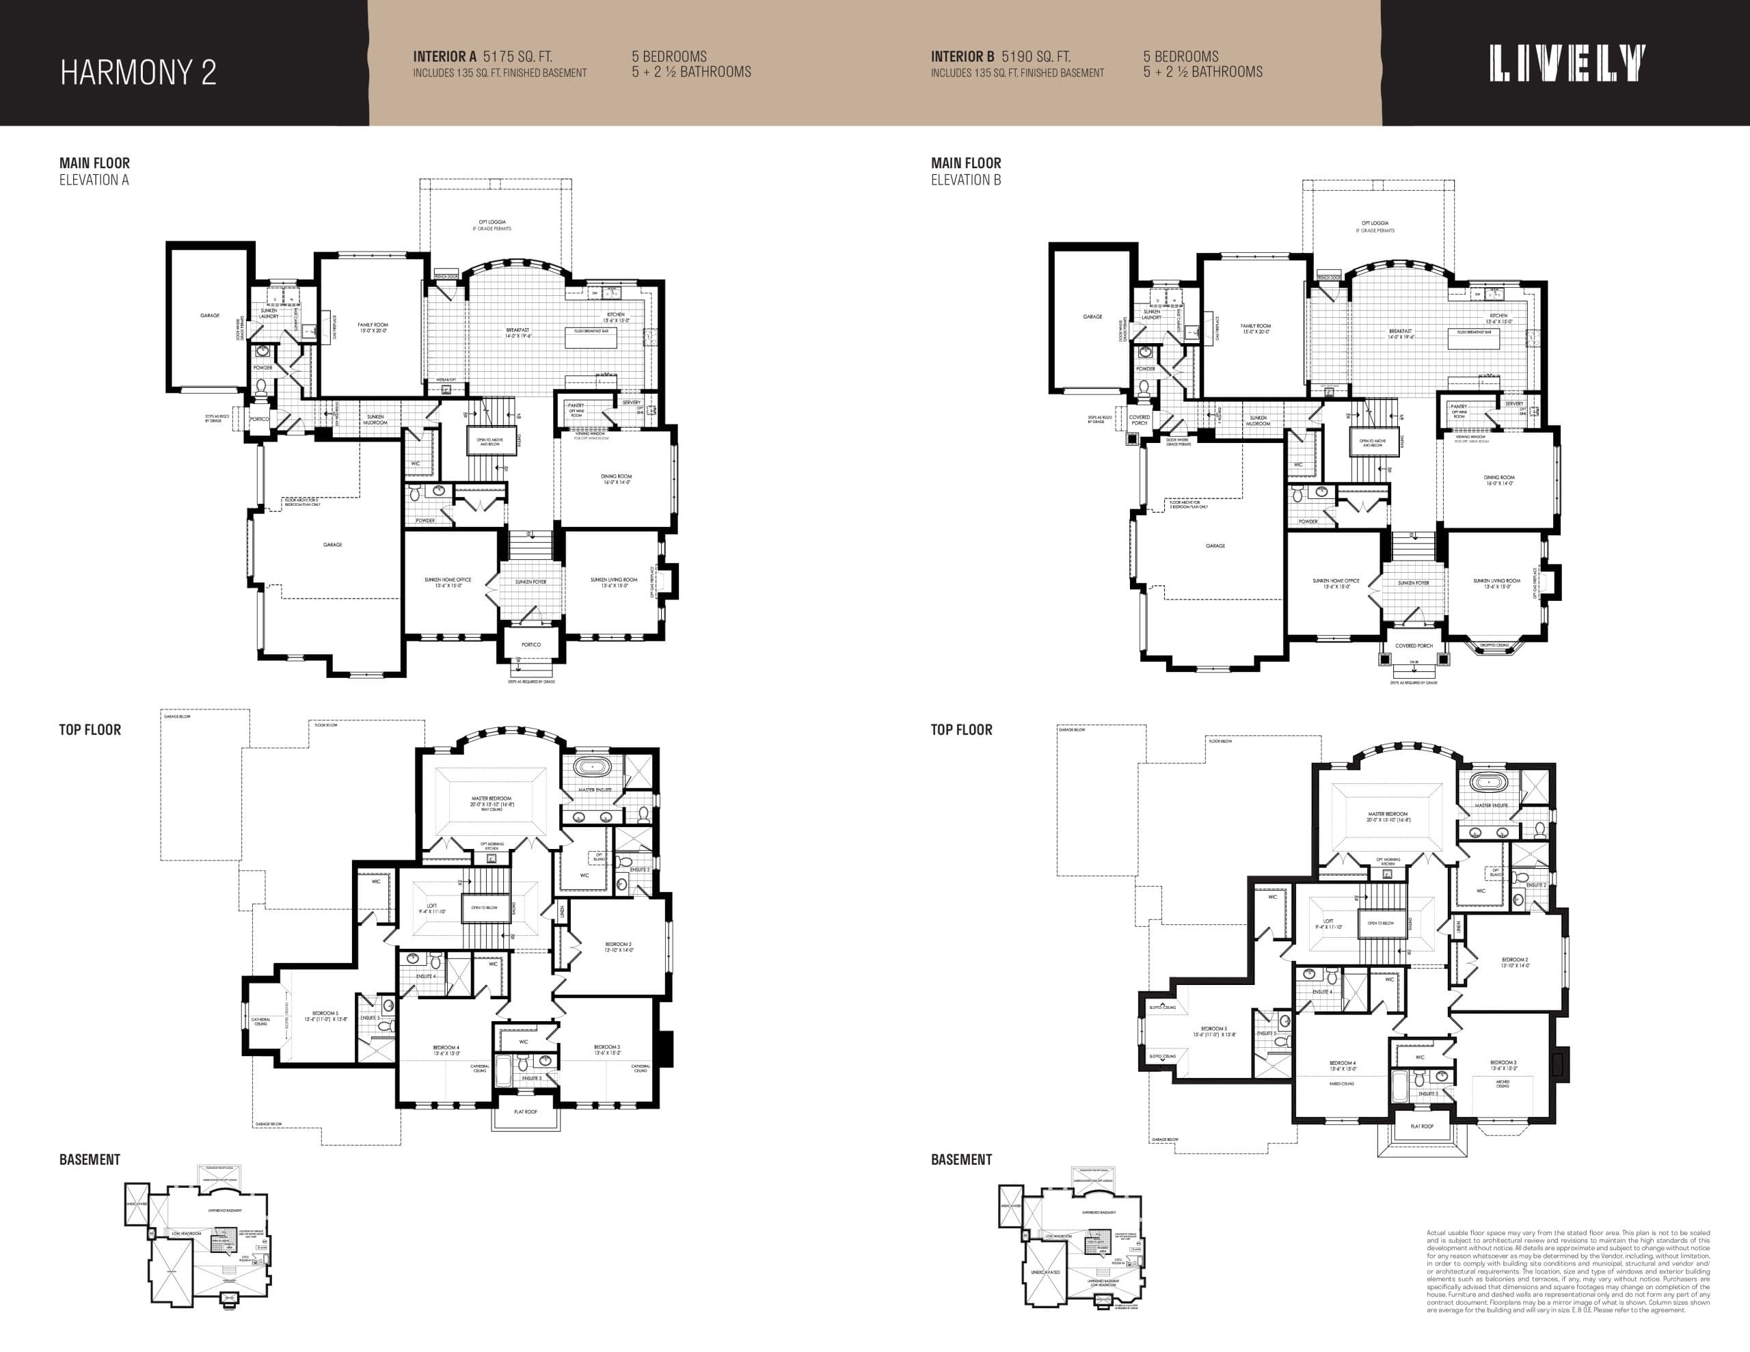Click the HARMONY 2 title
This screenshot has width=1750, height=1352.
point(138,72)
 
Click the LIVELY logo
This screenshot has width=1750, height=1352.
point(1567,64)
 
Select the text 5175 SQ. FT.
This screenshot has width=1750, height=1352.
point(517,57)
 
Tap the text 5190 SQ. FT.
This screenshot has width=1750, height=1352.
point(1035,57)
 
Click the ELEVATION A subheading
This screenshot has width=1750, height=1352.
point(94,180)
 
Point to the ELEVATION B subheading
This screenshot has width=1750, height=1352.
point(965,180)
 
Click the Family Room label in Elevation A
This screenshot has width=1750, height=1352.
point(373,327)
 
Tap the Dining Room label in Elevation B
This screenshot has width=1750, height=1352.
point(1498,480)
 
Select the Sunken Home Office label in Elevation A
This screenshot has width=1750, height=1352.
point(448,582)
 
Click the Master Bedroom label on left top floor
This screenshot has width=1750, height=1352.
point(492,801)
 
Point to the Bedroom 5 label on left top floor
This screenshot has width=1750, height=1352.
point(325,1016)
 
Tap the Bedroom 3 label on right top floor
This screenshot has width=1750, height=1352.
point(1503,1065)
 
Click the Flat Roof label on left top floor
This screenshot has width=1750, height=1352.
point(526,1111)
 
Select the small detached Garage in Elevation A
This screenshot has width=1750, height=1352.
point(209,316)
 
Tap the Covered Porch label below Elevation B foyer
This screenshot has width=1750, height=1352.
point(1414,646)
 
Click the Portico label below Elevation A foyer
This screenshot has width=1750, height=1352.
point(530,645)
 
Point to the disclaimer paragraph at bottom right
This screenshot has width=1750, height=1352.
point(1567,1272)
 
